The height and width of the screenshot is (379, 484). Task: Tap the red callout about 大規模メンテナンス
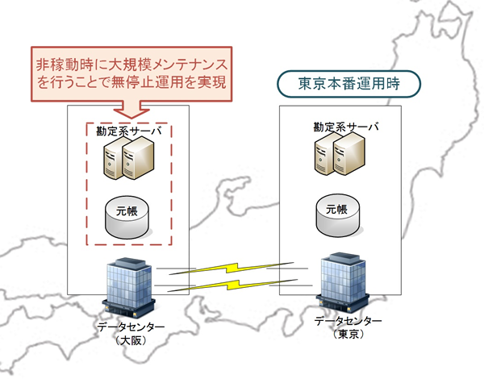[x=129, y=72]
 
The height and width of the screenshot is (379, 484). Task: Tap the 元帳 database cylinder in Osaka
[x=128, y=213]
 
